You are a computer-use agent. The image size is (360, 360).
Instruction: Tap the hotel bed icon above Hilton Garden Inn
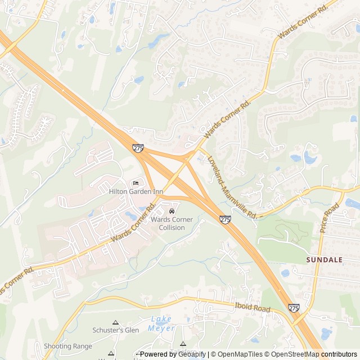coord(136,183)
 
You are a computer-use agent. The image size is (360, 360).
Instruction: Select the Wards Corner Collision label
coord(172,223)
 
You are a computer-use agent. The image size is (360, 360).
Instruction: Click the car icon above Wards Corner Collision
coord(172,211)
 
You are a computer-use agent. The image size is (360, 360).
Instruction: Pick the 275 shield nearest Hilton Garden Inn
coord(138,148)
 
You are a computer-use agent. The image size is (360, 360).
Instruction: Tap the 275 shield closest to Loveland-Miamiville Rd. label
coord(225,219)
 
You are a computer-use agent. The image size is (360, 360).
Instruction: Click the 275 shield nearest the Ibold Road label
coord(294,308)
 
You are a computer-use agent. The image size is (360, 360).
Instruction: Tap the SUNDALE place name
coord(325,260)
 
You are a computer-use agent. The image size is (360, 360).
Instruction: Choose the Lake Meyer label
coord(161,323)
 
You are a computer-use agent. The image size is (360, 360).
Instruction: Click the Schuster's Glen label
coord(116,330)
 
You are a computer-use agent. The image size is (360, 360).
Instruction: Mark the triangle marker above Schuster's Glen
coord(116,322)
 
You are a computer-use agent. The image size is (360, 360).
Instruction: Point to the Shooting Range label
coord(67,346)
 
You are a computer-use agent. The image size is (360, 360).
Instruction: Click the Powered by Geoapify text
coord(173,354)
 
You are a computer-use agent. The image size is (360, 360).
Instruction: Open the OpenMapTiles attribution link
coord(240,354)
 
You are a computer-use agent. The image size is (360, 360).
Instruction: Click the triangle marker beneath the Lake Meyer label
coord(182,343)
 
